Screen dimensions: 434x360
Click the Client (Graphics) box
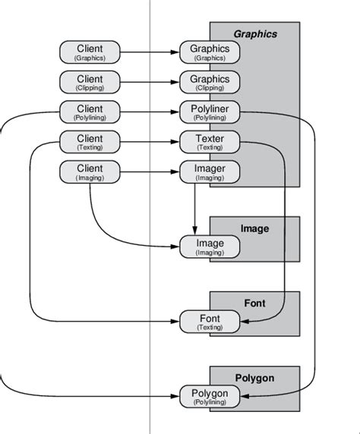point(90,52)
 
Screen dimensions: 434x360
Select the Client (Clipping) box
point(90,81)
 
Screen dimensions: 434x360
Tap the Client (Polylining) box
point(90,112)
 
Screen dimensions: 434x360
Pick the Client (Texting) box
point(90,142)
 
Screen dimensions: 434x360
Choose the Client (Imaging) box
point(90,171)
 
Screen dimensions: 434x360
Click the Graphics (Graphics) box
point(210,52)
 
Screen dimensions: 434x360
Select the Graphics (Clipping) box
point(210,81)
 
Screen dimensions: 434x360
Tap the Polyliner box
point(210,112)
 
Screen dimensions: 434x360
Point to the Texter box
point(210,142)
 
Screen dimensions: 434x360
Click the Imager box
point(210,171)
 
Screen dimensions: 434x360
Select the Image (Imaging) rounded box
point(210,247)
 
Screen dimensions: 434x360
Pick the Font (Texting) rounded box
point(210,322)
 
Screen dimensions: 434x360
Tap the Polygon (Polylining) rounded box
point(210,397)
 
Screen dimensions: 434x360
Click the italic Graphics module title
point(255,34)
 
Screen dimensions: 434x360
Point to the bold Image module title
point(255,228)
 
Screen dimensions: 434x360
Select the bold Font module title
point(255,303)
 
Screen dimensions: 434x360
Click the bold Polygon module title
point(255,377)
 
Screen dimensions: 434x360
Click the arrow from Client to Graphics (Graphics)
point(150,52)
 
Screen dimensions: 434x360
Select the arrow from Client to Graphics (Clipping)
point(150,81)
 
